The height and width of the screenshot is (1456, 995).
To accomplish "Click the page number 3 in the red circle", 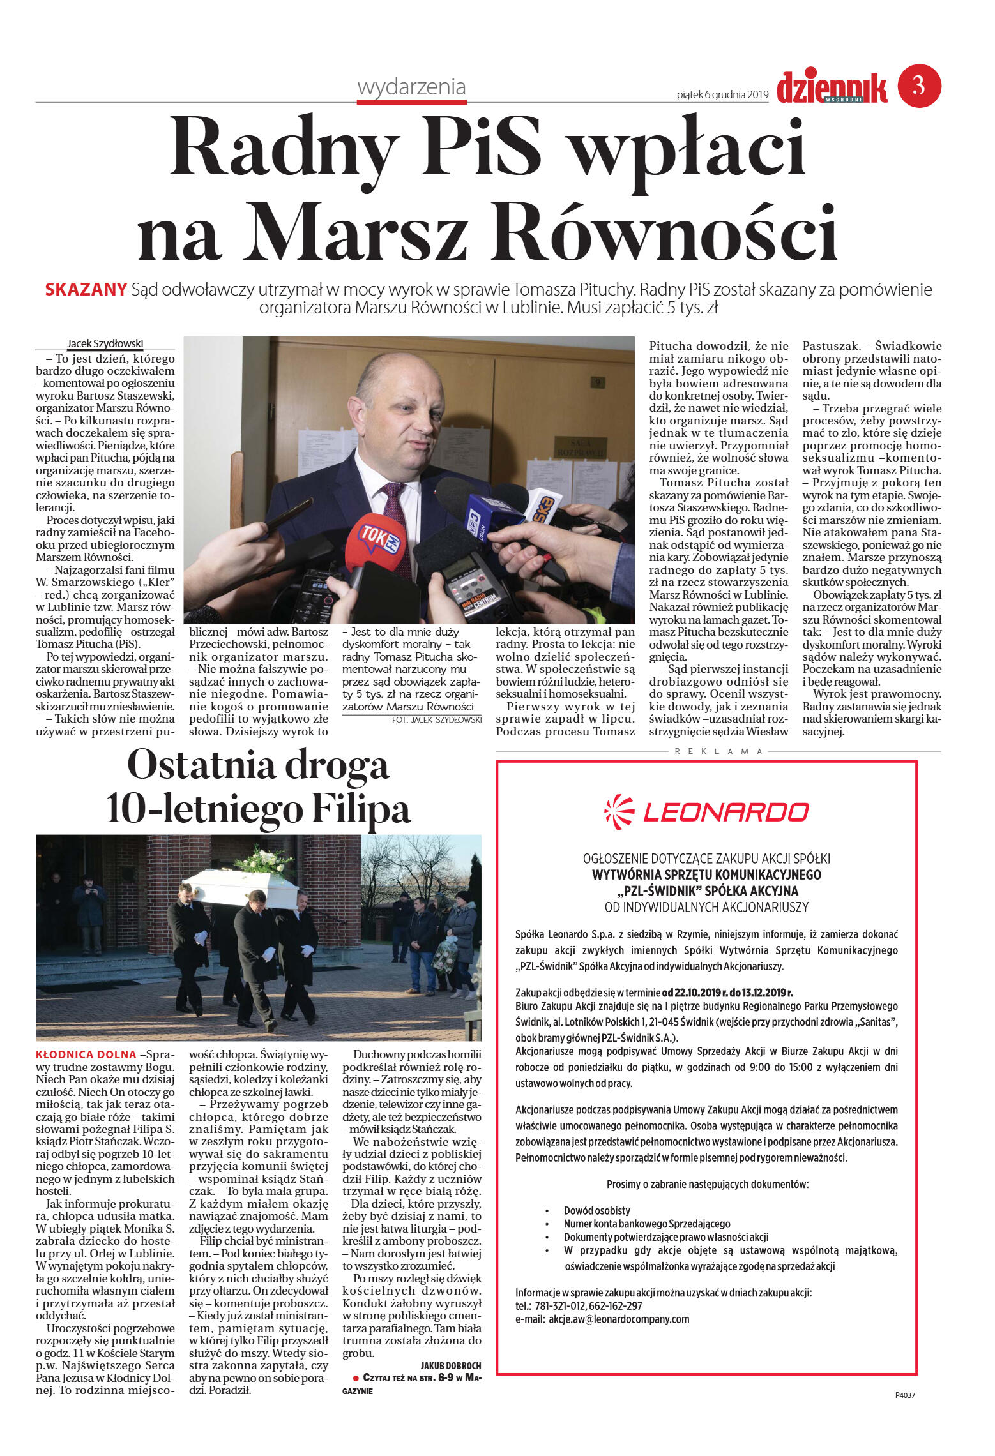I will (919, 86).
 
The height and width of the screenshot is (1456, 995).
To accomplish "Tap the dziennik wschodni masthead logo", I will (832, 88).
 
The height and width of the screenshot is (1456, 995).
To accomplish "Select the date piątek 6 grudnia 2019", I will (722, 95).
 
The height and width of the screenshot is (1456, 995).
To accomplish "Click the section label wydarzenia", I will (411, 87).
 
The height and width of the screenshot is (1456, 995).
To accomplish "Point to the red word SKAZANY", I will (86, 290).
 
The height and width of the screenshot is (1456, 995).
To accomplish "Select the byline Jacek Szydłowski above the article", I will (105, 343).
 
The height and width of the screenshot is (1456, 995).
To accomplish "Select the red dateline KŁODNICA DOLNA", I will (86, 1054).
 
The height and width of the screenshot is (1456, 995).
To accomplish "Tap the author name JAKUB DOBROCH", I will (450, 1365).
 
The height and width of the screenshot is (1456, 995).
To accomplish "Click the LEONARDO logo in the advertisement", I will (706, 812).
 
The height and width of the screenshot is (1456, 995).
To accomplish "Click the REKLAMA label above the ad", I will (718, 751).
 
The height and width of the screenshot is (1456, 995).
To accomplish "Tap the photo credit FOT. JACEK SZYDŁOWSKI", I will (436, 719).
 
